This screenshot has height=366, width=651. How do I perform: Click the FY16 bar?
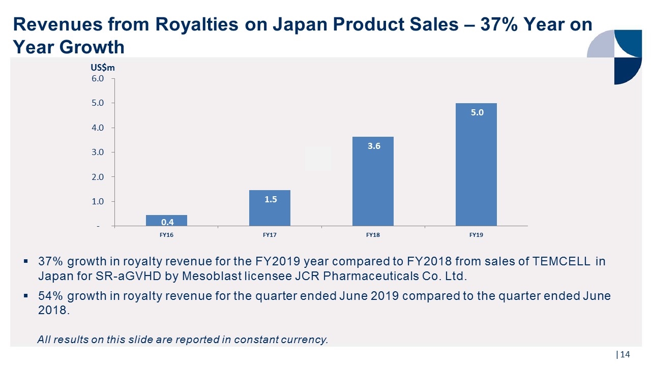click(x=166, y=221)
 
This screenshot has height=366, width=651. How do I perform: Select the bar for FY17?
click(x=270, y=208)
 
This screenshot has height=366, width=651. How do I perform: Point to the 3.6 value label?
click(x=374, y=146)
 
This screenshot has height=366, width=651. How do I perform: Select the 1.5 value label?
click(x=270, y=200)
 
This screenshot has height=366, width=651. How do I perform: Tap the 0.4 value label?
click(x=167, y=222)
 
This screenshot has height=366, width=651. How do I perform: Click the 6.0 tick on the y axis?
click(x=98, y=79)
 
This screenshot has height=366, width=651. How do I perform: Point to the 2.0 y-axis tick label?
click(x=98, y=177)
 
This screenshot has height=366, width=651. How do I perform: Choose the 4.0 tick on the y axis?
click(x=98, y=128)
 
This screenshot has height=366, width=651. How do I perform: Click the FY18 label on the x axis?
click(x=373, y=235)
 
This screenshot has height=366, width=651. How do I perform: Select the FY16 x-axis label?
click(x=166, y=235)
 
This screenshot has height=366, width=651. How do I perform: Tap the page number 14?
click(x=625, y=354)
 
